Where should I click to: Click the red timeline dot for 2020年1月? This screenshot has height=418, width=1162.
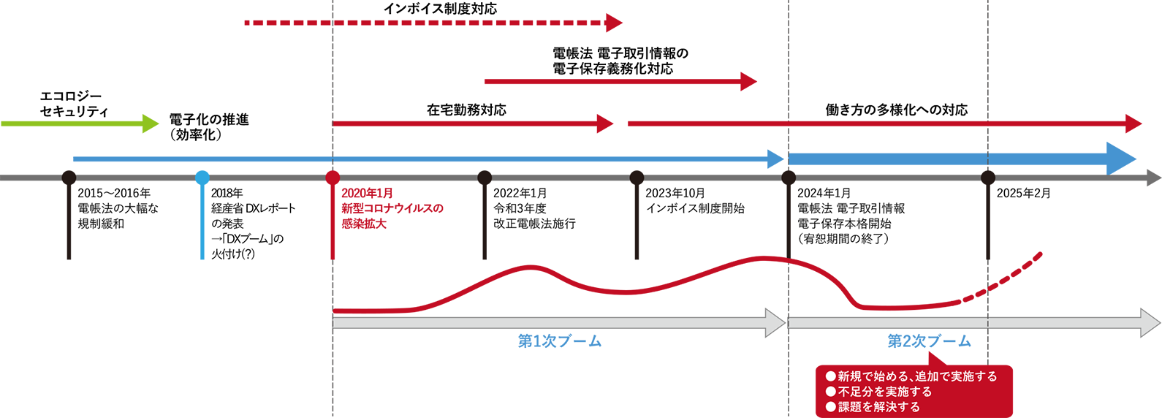point(333,178)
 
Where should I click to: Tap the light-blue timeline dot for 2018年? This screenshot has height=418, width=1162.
point(202,178)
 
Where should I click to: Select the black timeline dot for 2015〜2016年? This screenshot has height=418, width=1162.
point(69,178)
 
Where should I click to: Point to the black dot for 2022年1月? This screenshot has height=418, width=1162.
point(485,178)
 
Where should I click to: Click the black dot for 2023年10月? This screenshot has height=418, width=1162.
point(637,178)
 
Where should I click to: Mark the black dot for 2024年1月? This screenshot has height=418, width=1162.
point(789,178)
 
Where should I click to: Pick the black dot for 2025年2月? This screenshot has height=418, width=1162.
point(988,178)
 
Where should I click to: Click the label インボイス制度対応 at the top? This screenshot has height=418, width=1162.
point(440,9)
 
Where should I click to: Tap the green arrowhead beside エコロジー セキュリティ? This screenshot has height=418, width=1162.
point(151,123)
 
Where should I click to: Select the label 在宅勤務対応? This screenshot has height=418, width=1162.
point(466,110)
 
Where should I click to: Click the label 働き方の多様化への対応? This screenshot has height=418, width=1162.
point(896,110)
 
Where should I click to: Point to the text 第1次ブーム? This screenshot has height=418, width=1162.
point(559,341)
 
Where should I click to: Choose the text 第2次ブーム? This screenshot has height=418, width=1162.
point(929,341)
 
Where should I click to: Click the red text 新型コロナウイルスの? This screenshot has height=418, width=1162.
point(392,208)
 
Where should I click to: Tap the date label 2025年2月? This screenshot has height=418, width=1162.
point(1023,193)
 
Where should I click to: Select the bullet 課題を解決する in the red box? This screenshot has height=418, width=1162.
point(878,407)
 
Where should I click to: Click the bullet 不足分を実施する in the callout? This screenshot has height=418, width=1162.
point(884,392)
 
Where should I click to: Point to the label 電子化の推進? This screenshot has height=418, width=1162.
point(209,119)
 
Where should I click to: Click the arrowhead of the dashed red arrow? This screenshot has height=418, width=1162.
point(614,23)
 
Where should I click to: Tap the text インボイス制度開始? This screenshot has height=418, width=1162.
point(695,208)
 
